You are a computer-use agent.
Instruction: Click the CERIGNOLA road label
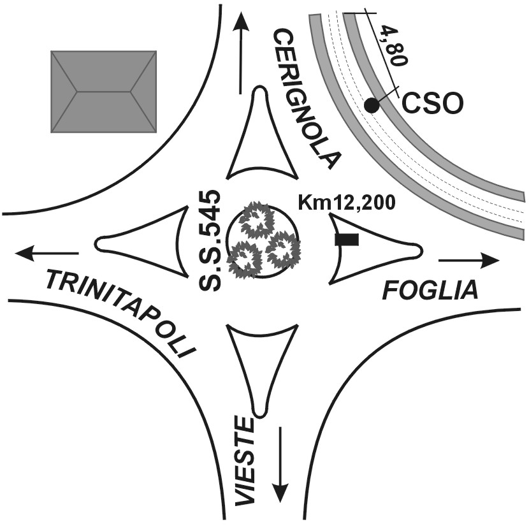click(x=306, y=99)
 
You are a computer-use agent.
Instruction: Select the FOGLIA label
click(x=430, y=291)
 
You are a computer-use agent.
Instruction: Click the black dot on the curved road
click(x=371, y=106)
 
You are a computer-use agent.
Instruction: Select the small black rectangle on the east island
click(x=347, y=240)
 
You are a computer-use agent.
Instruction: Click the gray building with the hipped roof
click(x=104, y=92)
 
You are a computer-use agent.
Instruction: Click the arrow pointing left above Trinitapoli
click(x=48, y=253)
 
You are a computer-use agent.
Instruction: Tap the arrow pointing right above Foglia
click(x=468, y=260)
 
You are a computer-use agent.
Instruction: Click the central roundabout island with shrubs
click(x=263, y=240)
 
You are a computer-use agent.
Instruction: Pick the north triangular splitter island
click(x=261, y=143)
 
